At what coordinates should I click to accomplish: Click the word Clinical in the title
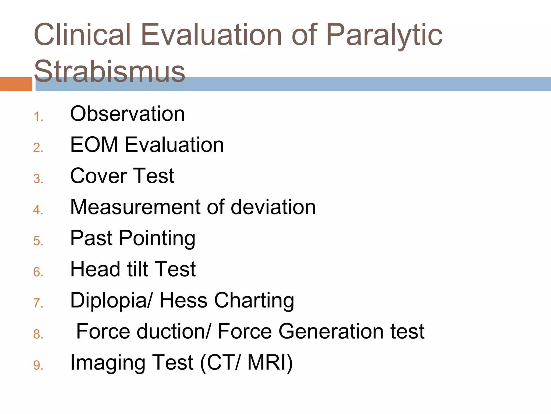[82, 35]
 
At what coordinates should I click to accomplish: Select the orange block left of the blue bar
[16, 84]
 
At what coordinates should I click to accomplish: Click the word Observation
[128, 114]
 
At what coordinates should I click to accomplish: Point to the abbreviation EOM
[94, 145]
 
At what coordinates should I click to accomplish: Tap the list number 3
[38, 179]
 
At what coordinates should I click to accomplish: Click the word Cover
[98, 176]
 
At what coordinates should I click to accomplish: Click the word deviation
[273, 207]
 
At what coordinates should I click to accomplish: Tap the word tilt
[137, 269]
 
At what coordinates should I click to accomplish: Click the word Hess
[183, 300]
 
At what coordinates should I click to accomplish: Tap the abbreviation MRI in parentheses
[269, 363]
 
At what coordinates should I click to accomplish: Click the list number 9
[38, 365]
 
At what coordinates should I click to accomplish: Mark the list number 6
[38, 272]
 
